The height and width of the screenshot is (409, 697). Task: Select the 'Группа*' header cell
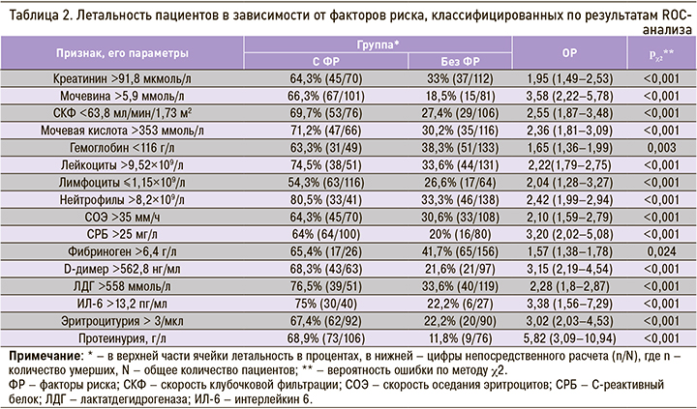coord(379,45)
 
